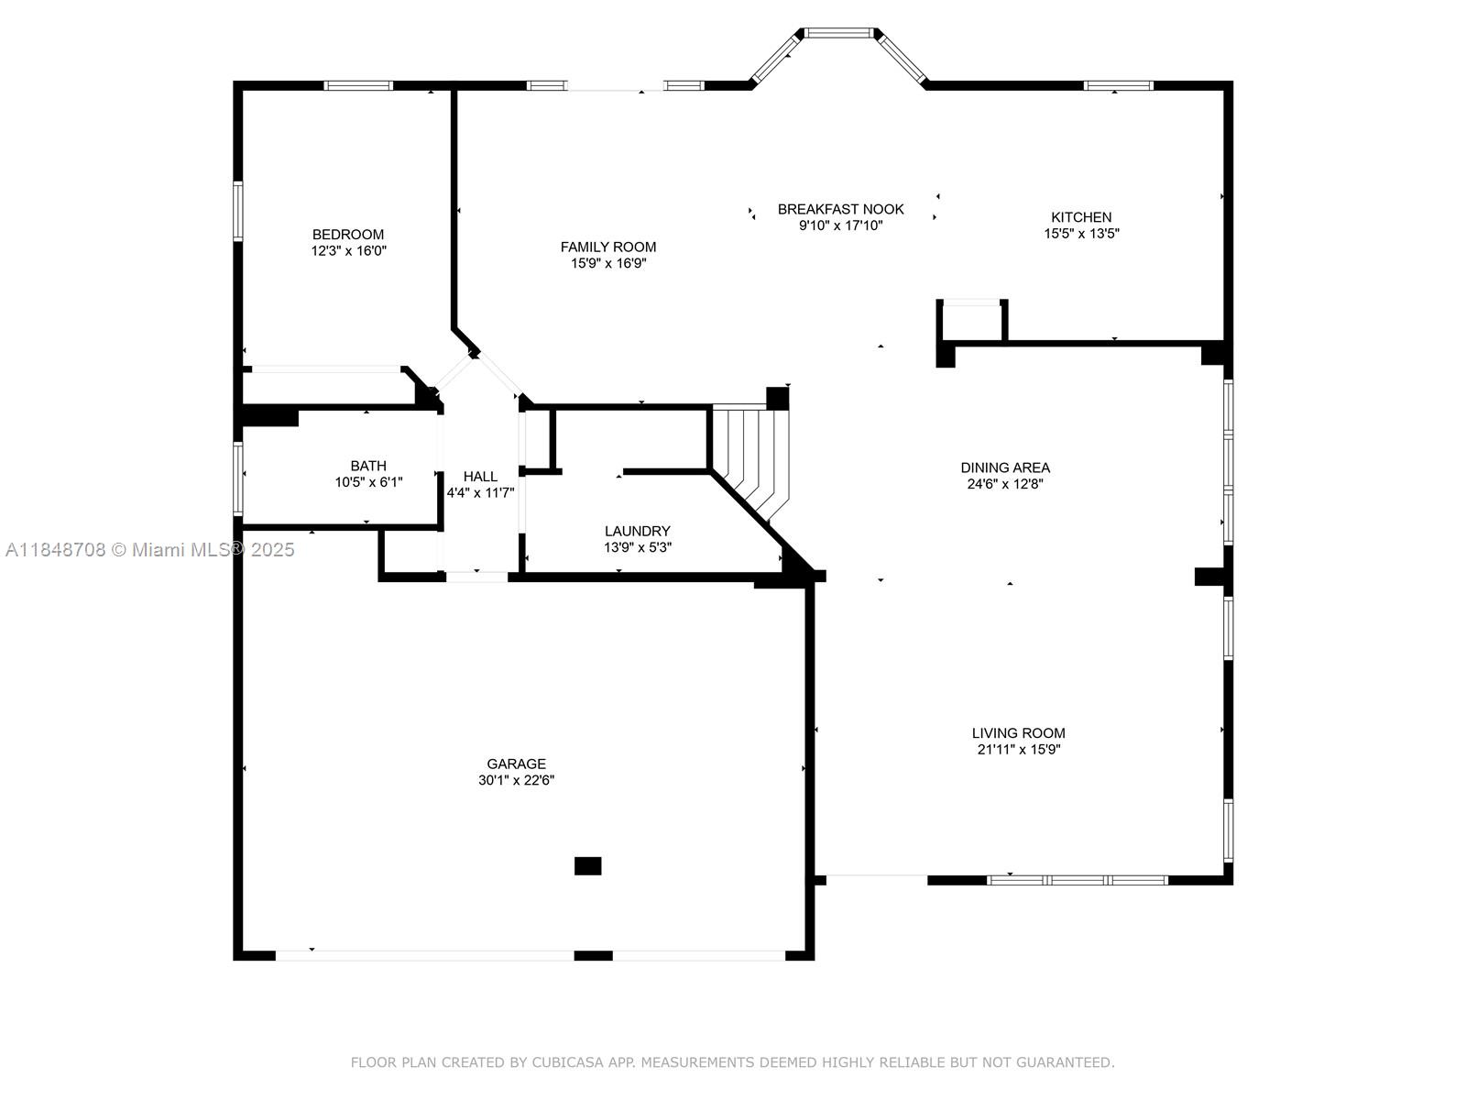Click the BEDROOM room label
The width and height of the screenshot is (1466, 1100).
[x=348, y=235]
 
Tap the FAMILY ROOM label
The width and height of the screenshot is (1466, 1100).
[x=608, y=247]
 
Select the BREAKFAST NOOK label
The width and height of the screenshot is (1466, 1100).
[x=840, y=209]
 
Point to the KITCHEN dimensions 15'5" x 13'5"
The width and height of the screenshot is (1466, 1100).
[x=1081, y=234]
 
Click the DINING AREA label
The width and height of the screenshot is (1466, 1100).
[x=1005, y=467]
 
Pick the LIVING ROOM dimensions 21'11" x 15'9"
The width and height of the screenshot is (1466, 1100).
[x=1019, y=750]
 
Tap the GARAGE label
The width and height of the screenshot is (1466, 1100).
[x=516, y=764]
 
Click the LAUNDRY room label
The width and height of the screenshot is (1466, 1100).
[x=637, y=531]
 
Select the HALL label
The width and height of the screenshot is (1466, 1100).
[x=480, y=477]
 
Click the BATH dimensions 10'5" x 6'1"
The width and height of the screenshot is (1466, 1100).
[x=368, y=482]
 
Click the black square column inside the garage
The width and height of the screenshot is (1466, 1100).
[x=587, y=865]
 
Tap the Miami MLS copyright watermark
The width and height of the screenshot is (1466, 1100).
[x=150, y=550]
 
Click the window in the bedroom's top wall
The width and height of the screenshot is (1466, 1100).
[x=358, y=86]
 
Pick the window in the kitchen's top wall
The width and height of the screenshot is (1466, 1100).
[x=1118, y=86]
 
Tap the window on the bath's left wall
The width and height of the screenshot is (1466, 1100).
[x=238, y=479]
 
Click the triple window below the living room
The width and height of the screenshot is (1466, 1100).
[x=1078, y=880]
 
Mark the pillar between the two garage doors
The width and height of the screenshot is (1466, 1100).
[x=593, y=955]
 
